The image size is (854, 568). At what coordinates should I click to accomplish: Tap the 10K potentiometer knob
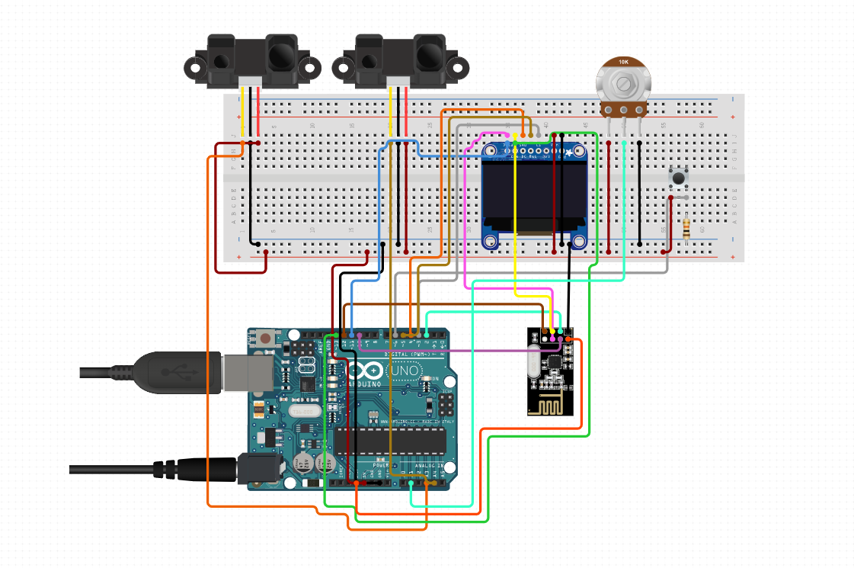point(624,83)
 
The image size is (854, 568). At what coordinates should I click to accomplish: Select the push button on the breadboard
point(677,178)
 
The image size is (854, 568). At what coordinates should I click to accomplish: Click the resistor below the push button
point(689,227)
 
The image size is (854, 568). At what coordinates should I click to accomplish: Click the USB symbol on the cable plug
point(172,371)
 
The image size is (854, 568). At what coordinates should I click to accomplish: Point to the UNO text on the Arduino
point(404,371)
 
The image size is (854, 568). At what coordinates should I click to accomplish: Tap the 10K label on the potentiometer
point(623,62)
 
